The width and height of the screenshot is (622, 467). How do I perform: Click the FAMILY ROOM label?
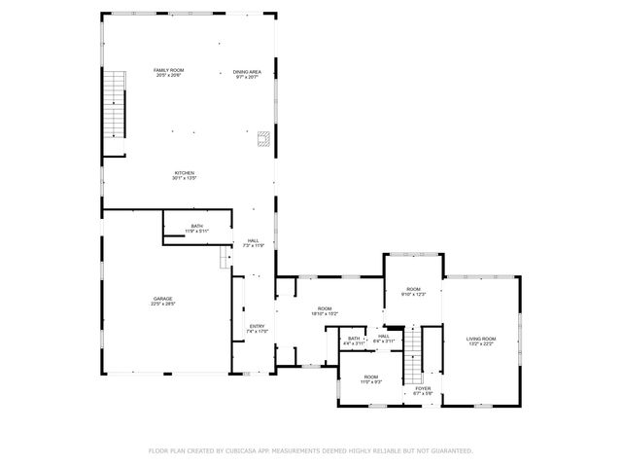coord(170,71)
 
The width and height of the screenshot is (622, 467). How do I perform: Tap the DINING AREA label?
coord(247,71)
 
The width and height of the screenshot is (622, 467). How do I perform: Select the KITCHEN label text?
coord(185,172)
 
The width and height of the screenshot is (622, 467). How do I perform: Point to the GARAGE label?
coord(162,299)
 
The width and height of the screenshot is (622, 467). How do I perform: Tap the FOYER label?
coord(423,388)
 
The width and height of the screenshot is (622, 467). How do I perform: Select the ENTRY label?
coord(257,326)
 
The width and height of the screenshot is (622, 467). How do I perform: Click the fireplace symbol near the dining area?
coord(263,139)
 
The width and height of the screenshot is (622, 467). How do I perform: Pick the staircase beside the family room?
coord(117,105)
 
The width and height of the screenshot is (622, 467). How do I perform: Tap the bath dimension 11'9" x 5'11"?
coord(197,232)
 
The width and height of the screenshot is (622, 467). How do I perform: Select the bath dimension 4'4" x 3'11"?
coord(354,343)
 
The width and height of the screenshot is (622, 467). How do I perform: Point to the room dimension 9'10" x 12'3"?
coord(413,295)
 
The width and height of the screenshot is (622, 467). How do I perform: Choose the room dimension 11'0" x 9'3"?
coord(371,381)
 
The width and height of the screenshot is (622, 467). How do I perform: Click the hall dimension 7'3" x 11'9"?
coord(253,246)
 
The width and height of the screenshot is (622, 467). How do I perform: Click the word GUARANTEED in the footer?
coord(450,450)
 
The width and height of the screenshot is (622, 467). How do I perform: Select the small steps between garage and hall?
coord(225,257)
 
